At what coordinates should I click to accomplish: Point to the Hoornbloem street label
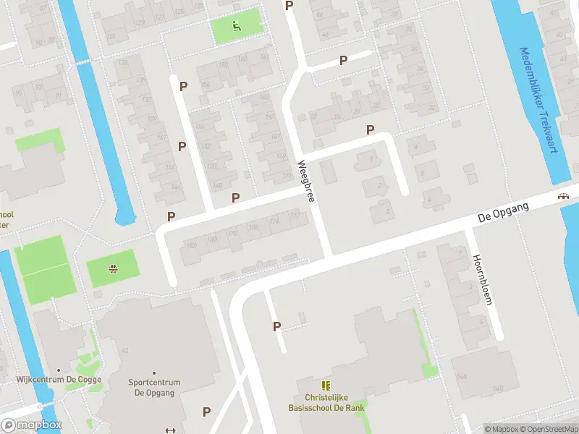[481, 280]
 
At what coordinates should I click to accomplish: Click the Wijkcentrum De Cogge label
[59, 379]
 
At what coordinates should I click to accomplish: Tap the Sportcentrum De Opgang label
[153, 388]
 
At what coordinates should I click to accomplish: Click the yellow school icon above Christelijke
[326, 386]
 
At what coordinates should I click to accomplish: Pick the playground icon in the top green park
[236, 27]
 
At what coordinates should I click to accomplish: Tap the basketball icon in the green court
[113, 271]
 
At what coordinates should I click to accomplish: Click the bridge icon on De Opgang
[562, 197]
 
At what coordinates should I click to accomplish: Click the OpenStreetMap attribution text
[543, 429]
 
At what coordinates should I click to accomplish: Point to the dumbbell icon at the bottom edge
[171, 431]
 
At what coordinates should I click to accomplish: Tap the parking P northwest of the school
[276, 326]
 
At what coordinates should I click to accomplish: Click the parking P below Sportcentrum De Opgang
[206, 412]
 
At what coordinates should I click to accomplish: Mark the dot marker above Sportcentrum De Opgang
[153, 374]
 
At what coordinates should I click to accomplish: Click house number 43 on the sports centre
[125, 351]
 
